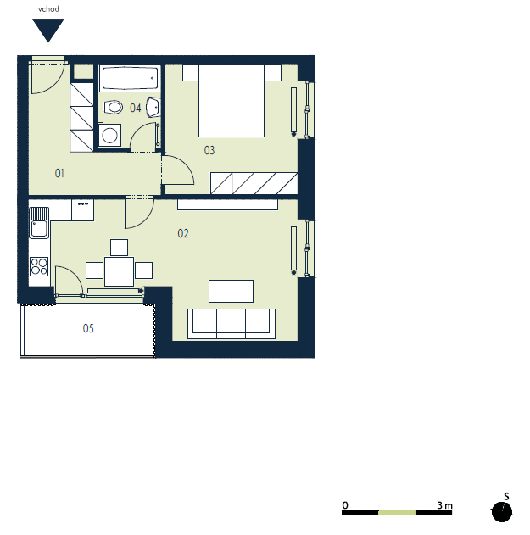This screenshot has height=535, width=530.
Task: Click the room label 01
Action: (59, 173)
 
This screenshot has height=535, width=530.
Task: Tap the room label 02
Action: (183, 233)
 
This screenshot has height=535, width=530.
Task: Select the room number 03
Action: (209, 150)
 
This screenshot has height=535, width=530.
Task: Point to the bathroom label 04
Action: (135, 109)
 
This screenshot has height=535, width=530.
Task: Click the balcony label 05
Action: (88, 328)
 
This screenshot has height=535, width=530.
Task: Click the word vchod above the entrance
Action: (48, 9)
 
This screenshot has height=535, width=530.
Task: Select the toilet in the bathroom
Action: (114, 107)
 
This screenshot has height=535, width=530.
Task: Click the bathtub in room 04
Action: (130, 78)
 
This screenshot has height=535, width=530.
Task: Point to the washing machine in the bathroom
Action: (109, 135)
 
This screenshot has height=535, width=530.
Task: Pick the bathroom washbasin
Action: (153, 107)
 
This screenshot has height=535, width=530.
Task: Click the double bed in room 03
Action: (232, 101)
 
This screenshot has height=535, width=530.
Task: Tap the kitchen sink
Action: (39, 223)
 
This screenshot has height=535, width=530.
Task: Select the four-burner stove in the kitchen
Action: (39, 266)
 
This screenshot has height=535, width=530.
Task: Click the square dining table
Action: (119, 271)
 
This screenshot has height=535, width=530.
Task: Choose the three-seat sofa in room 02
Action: (232, 324)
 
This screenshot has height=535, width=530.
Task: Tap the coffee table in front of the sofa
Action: (231, 291)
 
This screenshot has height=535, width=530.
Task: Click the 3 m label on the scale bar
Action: (444, 505)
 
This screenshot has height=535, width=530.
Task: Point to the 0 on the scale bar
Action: (345, 505)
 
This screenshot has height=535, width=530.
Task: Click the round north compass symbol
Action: (502, 512)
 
